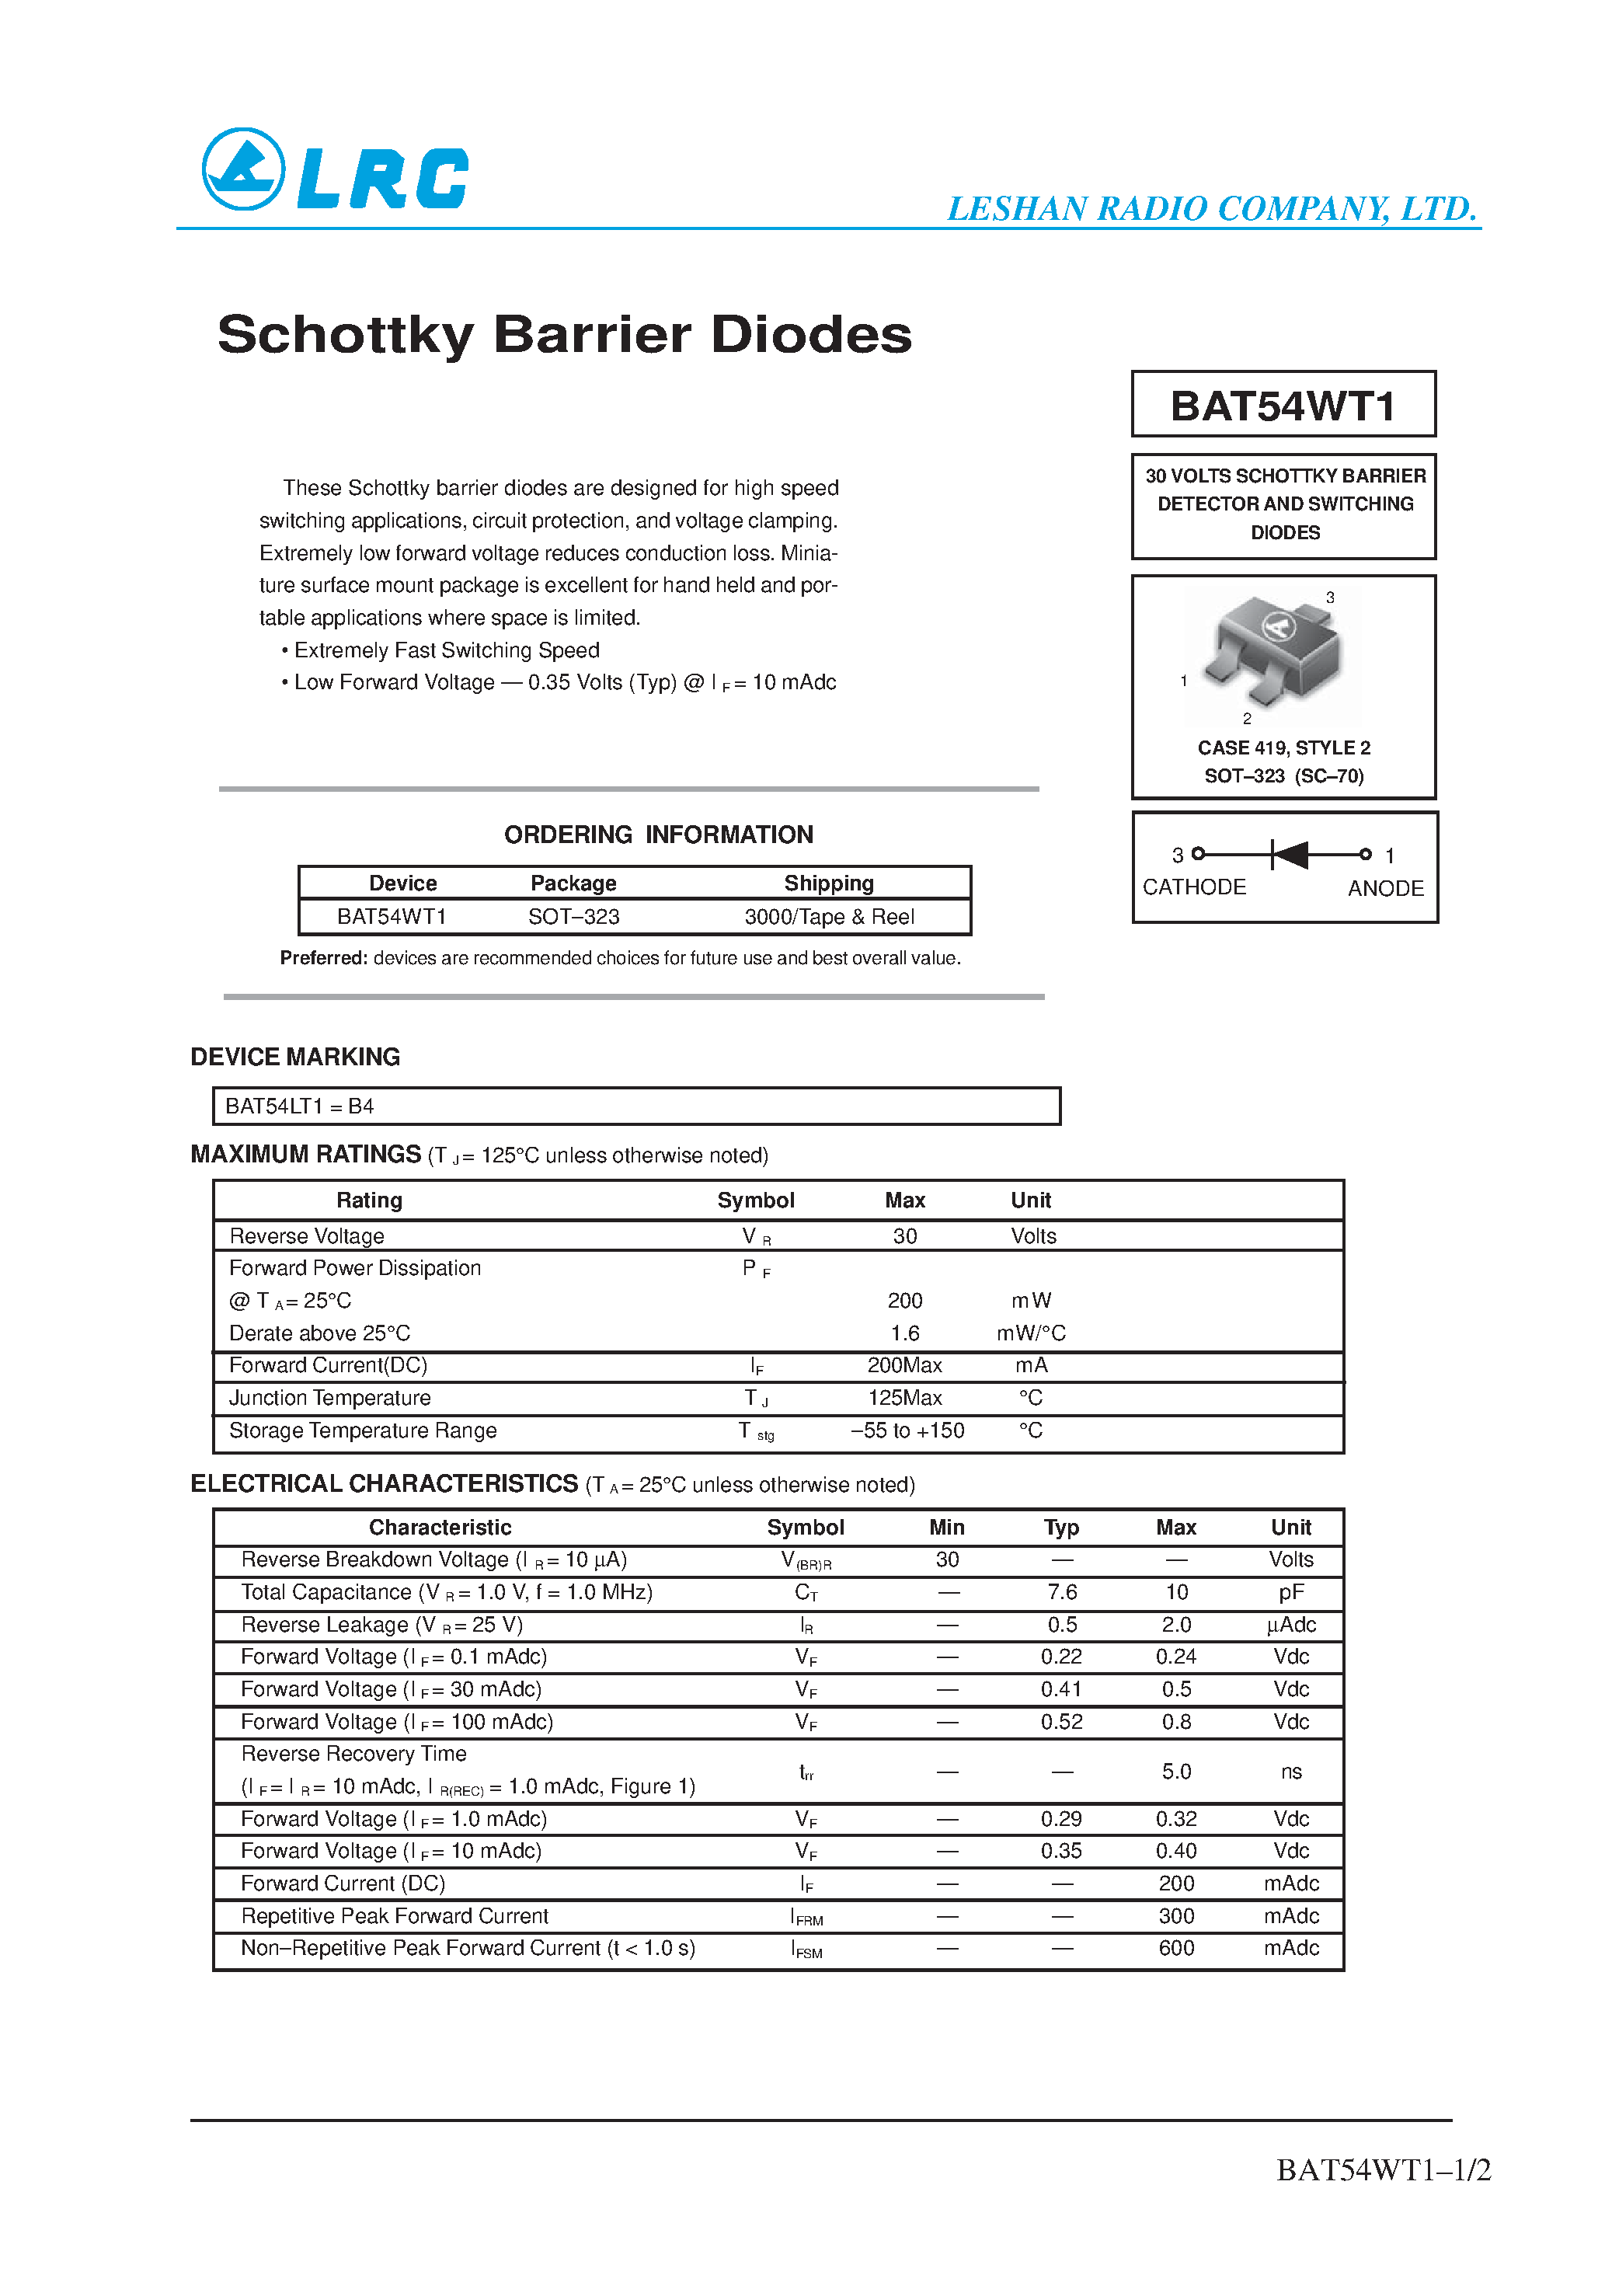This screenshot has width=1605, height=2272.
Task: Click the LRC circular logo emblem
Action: pos(243,169)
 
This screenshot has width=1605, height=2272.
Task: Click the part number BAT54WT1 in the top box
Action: pos(1283,406)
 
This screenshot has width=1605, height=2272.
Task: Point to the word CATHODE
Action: pos(1193,887)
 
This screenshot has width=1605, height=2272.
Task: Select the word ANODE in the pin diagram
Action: pos(1384,889)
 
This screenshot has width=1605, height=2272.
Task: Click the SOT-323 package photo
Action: pos(1273,654)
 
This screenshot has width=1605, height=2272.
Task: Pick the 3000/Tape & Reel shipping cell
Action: pos(828,918)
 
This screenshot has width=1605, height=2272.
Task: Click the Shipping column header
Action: pos(828,883)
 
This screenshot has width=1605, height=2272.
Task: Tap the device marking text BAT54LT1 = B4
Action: pos(300,1106)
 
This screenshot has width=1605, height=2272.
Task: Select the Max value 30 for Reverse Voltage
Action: pos(904,1236)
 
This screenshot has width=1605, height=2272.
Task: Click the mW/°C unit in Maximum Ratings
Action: pos(1030,1333)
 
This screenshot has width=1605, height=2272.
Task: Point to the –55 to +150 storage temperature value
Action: pos(907,1431)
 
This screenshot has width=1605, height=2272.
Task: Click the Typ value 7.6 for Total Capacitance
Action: pos(1062,1592)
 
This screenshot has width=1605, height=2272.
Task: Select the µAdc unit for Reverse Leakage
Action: pos(1290,1625)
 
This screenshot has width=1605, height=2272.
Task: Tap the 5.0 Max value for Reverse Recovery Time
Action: pos(1175,1772)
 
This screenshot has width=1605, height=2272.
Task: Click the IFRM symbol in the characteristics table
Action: pos(806,1917)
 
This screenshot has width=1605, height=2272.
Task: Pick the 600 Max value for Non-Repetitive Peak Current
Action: pos(1175,1949)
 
